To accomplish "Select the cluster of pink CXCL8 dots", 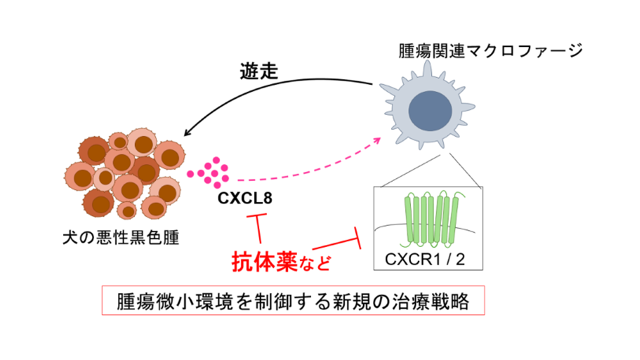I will pyautogui.click(x=210, y=172).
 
